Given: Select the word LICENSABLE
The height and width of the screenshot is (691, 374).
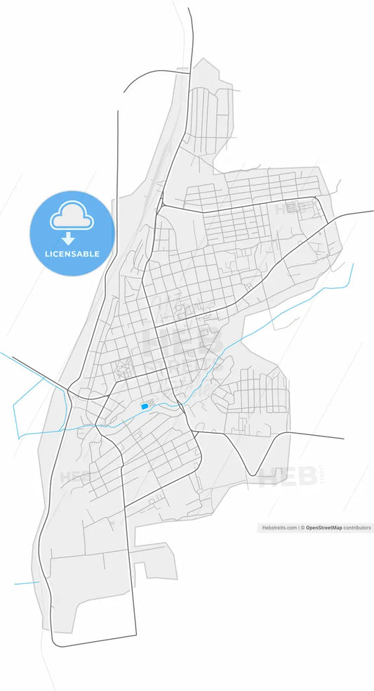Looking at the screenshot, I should point(71,254).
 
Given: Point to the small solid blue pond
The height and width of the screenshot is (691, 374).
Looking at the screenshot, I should point(145,406).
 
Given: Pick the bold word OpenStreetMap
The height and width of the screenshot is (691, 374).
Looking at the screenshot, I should point(323,527).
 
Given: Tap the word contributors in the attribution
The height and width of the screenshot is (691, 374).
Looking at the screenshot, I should point(357,527).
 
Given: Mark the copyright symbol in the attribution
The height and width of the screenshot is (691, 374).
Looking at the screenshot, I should point(303,527).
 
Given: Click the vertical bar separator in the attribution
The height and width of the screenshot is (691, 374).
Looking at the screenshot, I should point(298,527).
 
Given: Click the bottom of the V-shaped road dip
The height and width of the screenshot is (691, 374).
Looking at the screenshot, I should point(250,475).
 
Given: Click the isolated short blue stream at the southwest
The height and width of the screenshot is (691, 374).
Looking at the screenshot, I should point(27,583).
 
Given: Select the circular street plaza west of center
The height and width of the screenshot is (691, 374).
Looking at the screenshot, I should point(124,367).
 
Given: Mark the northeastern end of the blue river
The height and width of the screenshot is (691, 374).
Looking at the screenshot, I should point(353,264).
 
